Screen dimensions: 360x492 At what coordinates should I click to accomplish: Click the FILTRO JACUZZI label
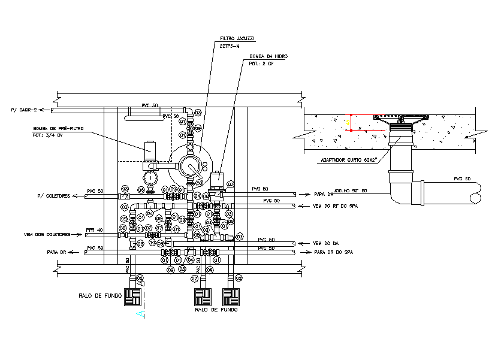click(x=237, y=38)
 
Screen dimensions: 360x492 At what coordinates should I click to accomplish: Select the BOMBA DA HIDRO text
click(x=268, y=56)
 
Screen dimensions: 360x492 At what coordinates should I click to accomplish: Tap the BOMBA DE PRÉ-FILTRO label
click(x=58, y=128)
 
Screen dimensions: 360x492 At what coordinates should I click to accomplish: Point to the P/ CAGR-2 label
click(x=24, y=110)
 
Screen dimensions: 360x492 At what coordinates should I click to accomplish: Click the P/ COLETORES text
click(x=54, y=195)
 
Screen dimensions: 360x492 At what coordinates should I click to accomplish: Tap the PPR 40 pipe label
click(x=95, y=230)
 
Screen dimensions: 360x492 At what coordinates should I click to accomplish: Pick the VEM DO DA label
click(x=326, y=243)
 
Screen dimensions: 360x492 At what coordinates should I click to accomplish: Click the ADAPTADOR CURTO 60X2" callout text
click(x=348, y=160)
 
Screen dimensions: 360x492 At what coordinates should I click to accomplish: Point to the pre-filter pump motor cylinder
click(x=149, y=149)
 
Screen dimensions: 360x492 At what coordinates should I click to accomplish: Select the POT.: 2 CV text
click(x=261, y=63)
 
